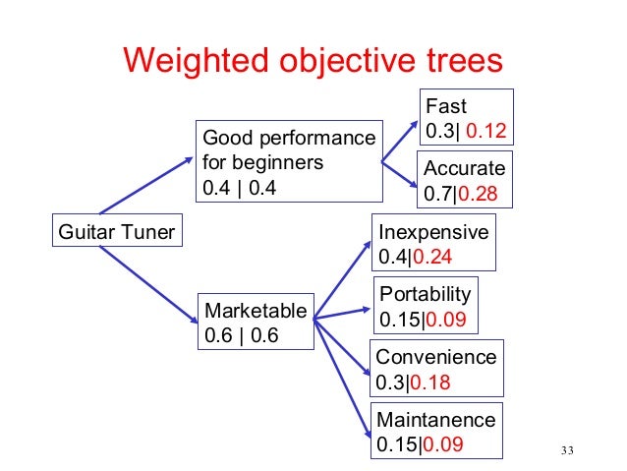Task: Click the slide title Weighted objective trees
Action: click(x=313, y=62)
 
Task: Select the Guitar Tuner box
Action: click(x=117, y=233)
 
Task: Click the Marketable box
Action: click(x=256, y=322)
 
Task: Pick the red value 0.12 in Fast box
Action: click(x=485, y=130)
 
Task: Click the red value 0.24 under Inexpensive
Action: click(x=432, y=258)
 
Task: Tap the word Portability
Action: click(x=426, y=294)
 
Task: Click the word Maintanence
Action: click(x=436, y=420)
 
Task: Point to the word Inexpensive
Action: click(x=433, y=233)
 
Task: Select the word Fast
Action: click(x=444, y=105)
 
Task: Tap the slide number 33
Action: click(x=564, y=451)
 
